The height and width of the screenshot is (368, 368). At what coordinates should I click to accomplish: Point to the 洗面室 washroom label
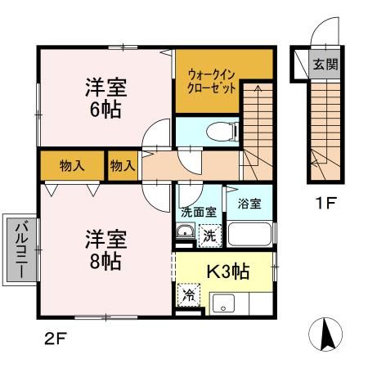coord(197,211)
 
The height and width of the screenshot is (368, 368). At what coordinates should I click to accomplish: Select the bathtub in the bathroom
coord(249,235)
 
